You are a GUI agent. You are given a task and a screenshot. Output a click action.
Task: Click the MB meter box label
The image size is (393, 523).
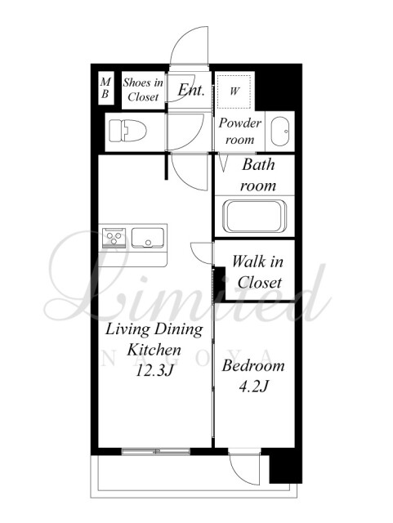tap(105, 87)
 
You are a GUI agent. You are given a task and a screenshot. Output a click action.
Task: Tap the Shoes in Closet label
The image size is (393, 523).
tap(143, 90)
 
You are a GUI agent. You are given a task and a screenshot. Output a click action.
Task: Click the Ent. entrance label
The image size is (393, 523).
tap(191, 90)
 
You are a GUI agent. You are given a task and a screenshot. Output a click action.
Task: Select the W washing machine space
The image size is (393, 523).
tap(234, 92)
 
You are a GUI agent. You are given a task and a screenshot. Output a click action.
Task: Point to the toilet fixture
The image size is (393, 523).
tap(128, 131)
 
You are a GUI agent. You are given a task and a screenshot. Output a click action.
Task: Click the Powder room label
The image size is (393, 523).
tap(240, 131)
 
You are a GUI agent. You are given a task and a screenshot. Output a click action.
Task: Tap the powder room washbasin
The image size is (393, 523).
tap(280, 132)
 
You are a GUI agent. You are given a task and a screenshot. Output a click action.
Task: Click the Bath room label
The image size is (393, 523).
tap(258, 175)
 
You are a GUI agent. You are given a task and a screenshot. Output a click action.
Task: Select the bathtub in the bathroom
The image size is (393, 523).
tap(255, 216)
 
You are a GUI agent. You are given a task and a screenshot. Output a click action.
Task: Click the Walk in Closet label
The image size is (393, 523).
tap(258, 272)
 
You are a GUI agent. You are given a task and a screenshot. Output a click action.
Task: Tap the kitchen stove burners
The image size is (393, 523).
tap(114, 237)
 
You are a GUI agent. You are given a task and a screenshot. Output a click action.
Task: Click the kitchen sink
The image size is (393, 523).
tap(148, 238)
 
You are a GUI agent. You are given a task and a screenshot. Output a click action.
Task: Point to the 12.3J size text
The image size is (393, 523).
tap(154, 370)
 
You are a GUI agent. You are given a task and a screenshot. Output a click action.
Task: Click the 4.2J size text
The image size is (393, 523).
tap(254, 387)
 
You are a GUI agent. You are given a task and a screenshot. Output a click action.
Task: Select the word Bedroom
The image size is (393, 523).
tap(253, 366)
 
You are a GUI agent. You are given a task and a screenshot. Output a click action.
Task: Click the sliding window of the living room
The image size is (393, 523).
tap(156, 452)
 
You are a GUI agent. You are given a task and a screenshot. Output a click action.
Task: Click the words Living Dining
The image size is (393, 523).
tap(154, 329)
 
